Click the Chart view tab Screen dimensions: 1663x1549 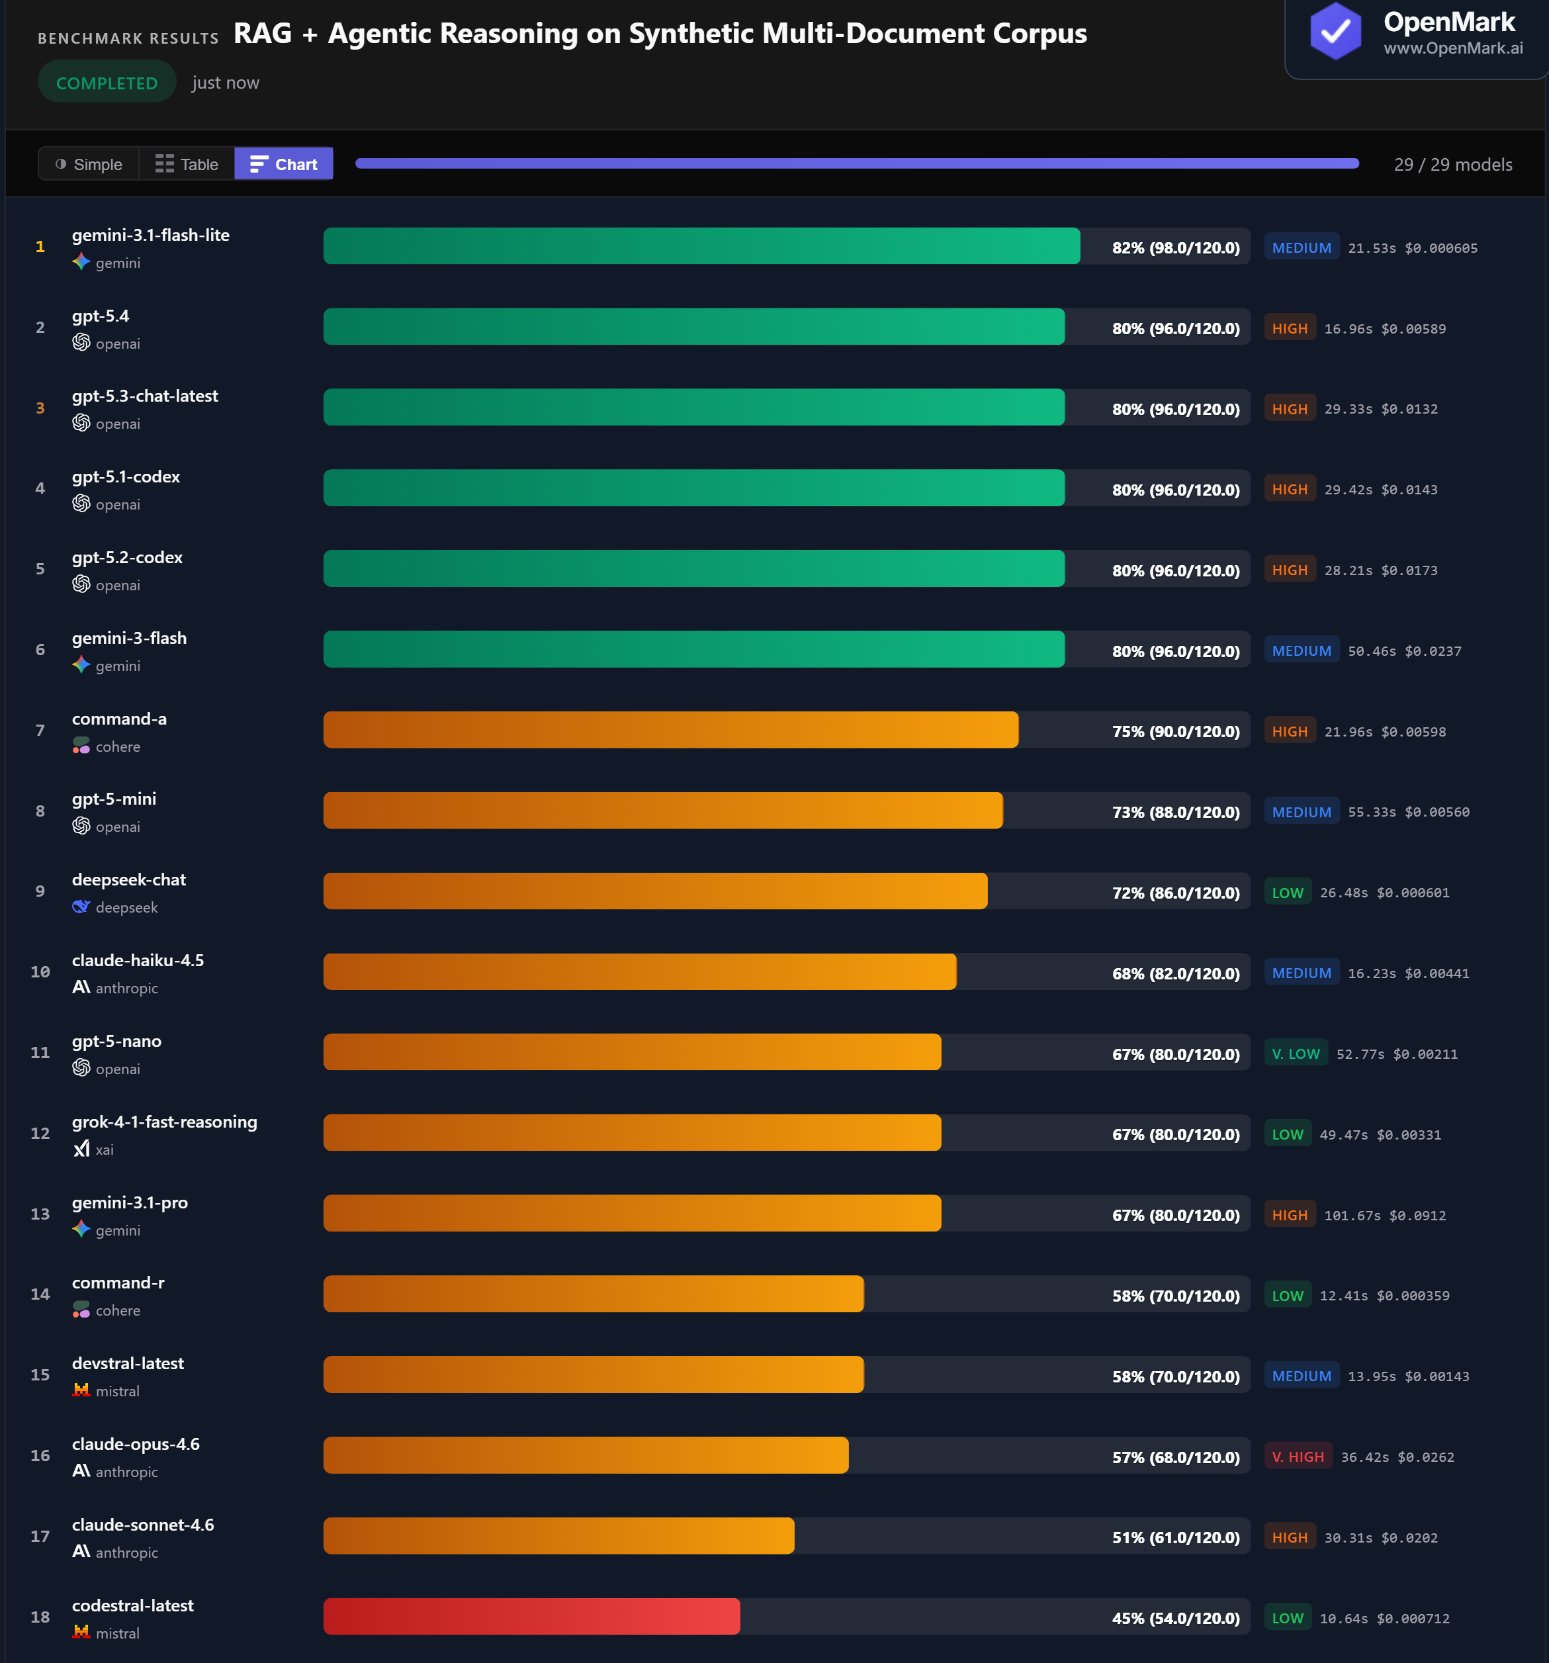click(x=284, y=164)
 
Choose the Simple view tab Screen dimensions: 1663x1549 click(x=89, y=164)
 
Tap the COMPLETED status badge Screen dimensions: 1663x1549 click(x=107, y=83)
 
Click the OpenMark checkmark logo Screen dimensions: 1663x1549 click(x=1335, y=32)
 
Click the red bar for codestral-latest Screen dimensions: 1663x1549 click(x=531, y=1616)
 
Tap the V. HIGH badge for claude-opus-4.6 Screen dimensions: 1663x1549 click(x=1298, y=1457)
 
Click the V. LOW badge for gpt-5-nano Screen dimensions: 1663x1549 click(x=1295, y=1053)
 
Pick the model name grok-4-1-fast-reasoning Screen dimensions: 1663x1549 click(x=164, y=1121)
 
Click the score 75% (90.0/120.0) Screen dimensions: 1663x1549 click(x=1175, y=731)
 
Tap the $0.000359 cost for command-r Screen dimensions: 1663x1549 click(x=1413, y=1296)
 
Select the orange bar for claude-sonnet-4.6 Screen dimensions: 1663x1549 click(x=558, y=1536)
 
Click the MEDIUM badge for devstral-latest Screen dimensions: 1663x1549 click(x=1301, y=1376)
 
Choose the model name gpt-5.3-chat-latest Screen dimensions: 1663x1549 click(x=145, y=396)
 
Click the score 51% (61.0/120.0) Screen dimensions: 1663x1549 click(x=1175, y=1537)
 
